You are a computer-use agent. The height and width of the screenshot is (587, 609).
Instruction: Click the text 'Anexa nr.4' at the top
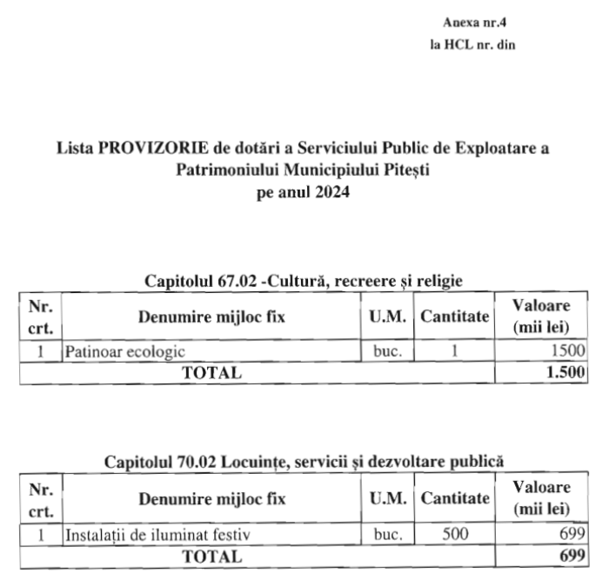(x=474, y=21)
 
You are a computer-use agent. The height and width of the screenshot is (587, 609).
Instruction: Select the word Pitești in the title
(x=406, y=170)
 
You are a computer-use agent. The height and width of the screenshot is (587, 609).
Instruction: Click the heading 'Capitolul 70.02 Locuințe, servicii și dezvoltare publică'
(x=304, y=461)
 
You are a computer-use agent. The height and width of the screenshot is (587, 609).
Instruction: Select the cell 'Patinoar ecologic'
(x=125, y=351)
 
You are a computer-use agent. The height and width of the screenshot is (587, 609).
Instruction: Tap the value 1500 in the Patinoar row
(x=567, y=351)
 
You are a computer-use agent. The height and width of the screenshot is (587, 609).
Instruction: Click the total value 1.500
(x=565, y=373)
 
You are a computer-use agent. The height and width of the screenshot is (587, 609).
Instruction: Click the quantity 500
(x=455, y=535)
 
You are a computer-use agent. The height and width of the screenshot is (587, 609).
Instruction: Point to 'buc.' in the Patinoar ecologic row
(x=388, y=351)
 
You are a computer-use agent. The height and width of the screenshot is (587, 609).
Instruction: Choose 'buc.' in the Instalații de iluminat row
(x=388, y=535)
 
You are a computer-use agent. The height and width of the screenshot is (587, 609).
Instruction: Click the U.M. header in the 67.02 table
(x=388, y=317)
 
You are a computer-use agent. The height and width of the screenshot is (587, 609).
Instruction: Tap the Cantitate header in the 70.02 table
(x=455, y=499)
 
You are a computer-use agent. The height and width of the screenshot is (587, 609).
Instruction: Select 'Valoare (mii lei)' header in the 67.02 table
(x=541, y=317)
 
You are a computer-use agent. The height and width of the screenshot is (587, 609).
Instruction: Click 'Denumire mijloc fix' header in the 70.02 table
(x=211, y=499)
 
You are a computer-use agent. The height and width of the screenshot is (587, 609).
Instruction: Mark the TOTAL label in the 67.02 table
(x=211, y=373)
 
